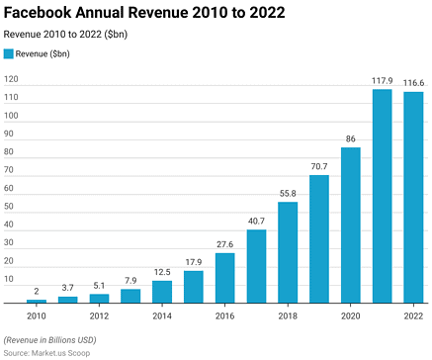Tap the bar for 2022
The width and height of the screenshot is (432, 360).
point(413,197)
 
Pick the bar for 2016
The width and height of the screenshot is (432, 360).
point(224,278)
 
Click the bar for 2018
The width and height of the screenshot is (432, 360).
point(288,252)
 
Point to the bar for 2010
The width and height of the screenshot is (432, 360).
point(37,301)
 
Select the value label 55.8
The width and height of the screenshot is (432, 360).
point(288,194)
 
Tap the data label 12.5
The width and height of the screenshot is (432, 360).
point(162,273)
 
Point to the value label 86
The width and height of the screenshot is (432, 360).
point(351,139)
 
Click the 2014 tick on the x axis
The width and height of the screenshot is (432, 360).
point(162,316)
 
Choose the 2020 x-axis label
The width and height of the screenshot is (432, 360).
point(351,316)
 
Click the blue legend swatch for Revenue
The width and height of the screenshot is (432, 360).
point(9,54)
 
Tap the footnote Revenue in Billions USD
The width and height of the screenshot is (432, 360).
point(57,339)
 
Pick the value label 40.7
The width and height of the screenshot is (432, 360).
point(256,222)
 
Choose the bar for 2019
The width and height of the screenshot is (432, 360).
point(319,238)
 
